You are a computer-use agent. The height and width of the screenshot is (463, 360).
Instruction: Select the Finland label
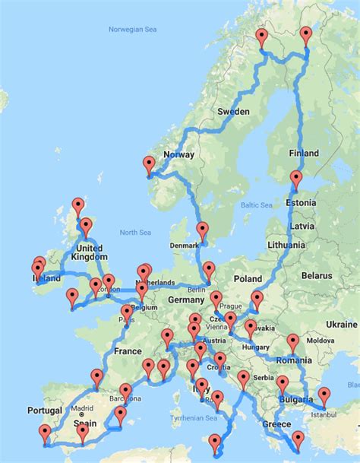(x=304, y=153)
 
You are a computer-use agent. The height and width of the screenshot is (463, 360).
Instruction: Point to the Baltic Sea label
(x=257, y=205)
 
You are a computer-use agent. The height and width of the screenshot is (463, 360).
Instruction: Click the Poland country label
(x=246, y=278)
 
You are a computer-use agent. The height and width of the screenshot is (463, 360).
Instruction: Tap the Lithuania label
(x=286, y=245)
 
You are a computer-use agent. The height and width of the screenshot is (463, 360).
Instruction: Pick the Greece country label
(x=276, y=423)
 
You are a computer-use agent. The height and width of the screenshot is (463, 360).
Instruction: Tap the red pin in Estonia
(x=295, y=179)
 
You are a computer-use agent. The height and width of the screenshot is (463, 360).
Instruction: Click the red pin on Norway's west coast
(x=150, y=163)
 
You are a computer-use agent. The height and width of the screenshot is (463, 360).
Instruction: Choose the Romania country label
(x=295, y=359)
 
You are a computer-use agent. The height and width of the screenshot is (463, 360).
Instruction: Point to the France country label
(x=128, y=351)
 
